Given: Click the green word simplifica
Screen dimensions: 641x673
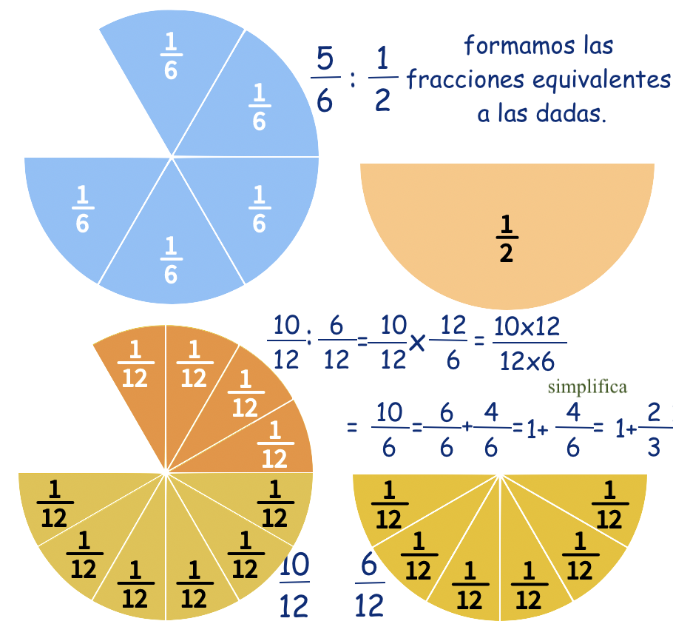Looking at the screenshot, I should tap(587, 387).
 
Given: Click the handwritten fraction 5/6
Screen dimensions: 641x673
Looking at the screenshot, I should tap(325, 79).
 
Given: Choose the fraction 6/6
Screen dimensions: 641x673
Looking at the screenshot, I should tap(446, 429).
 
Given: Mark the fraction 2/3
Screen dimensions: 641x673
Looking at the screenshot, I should tap(653, 429).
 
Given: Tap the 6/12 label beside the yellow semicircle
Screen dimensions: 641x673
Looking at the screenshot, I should tap(370, 588).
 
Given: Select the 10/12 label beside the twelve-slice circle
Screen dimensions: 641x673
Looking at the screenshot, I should tap(294, 586).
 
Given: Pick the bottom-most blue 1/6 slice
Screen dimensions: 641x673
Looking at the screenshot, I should tap(171, 260).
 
